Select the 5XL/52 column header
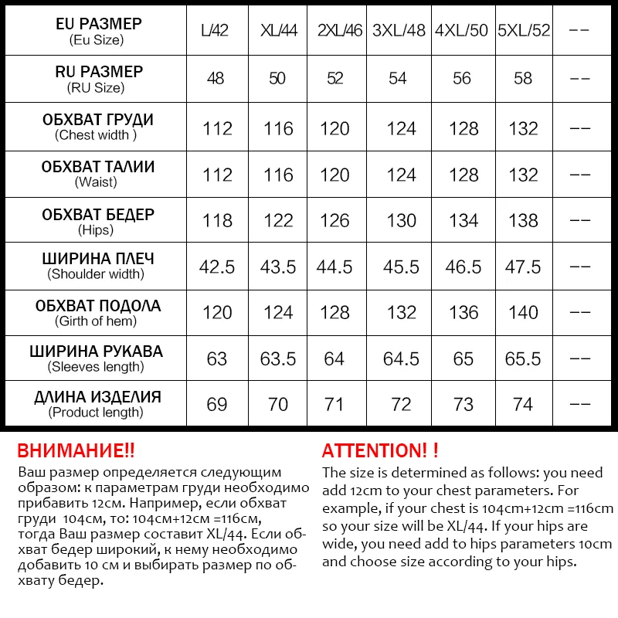point(524,32)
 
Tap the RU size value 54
point(401,78)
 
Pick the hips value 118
point(217,221)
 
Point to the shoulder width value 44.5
point(334,267)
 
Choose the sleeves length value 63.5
point(277,359)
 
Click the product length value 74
point(523,405)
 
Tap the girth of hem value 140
point(523,313)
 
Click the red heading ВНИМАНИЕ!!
point(76,451)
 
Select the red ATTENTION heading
point(380,451)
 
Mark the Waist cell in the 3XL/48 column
point(401,175)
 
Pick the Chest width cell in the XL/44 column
point(277,129)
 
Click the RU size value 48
point(217,78)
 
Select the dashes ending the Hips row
point(579,221)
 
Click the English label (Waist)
point(96,182)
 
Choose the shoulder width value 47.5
point(523,267)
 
